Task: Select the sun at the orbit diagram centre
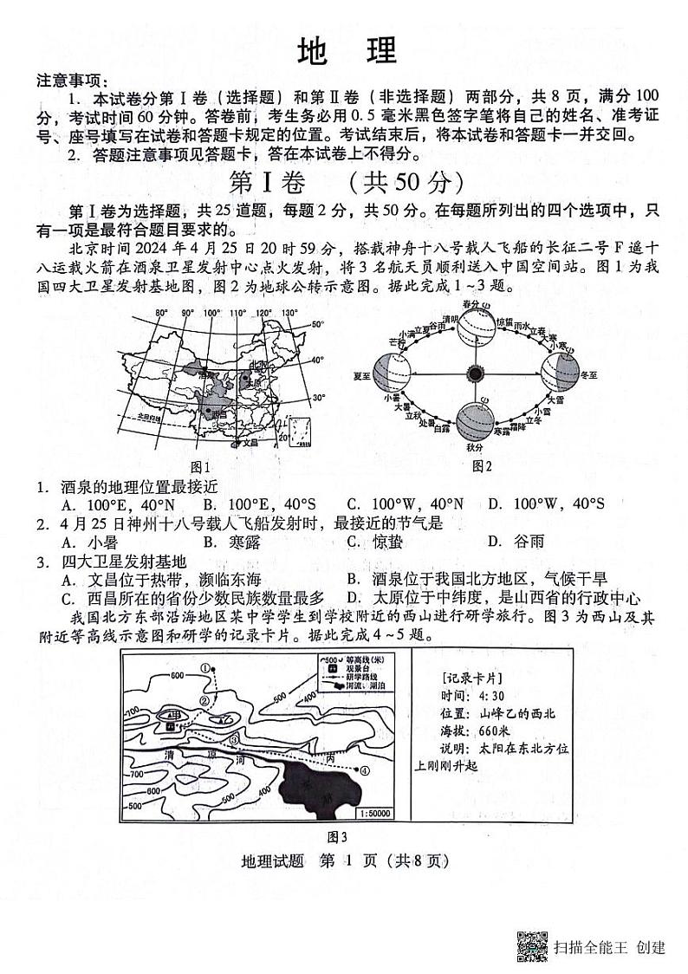[475, 373]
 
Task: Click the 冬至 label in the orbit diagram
[589, 376]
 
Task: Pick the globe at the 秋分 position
[475, 424]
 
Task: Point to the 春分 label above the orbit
[471, 304]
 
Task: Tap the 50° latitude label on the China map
[317, 325]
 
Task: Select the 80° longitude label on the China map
[161, 313]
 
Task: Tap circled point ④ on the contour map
[365, 769]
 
